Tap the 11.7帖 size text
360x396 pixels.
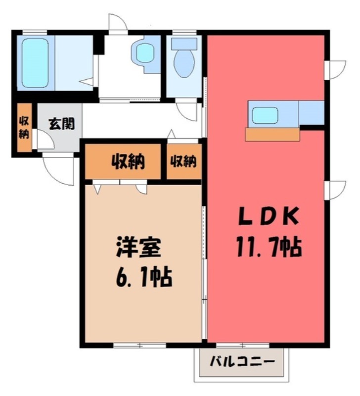pyautogui.click(x=269, y=247)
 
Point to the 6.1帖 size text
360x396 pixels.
pyautogui.click(x=144, y=277)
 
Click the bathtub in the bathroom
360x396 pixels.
pyautogui.click(x=35, y=63)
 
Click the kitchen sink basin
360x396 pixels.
pyautogui.click(x=265, y=116)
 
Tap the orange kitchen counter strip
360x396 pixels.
pyautogui.click(x=272, y=135)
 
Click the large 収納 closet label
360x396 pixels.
pyautogui.click(x=128, y=161)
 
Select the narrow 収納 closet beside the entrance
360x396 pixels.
pyautogui.click(x=24, y=128)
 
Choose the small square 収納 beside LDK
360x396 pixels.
pyautogui.click(x=183, y=161)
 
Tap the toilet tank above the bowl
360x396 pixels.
pyautogui.click(x=184, y=44)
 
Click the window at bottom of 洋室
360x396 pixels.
pyautogui.click(x=139, y=345)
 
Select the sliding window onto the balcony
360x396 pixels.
pyautogui.click(x=243, y=345)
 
